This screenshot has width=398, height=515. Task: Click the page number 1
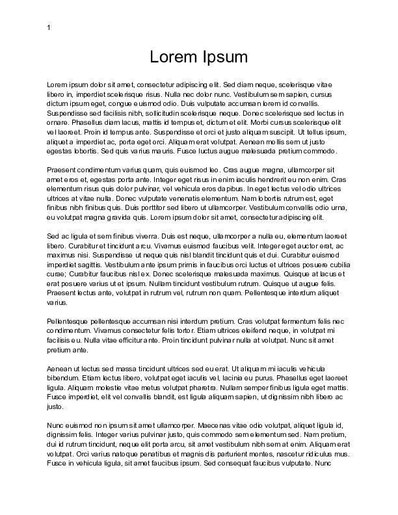pyautogui.click(x=49, y=27)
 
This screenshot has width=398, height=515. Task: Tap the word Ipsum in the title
pyautogui.click(x=224, y=57)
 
